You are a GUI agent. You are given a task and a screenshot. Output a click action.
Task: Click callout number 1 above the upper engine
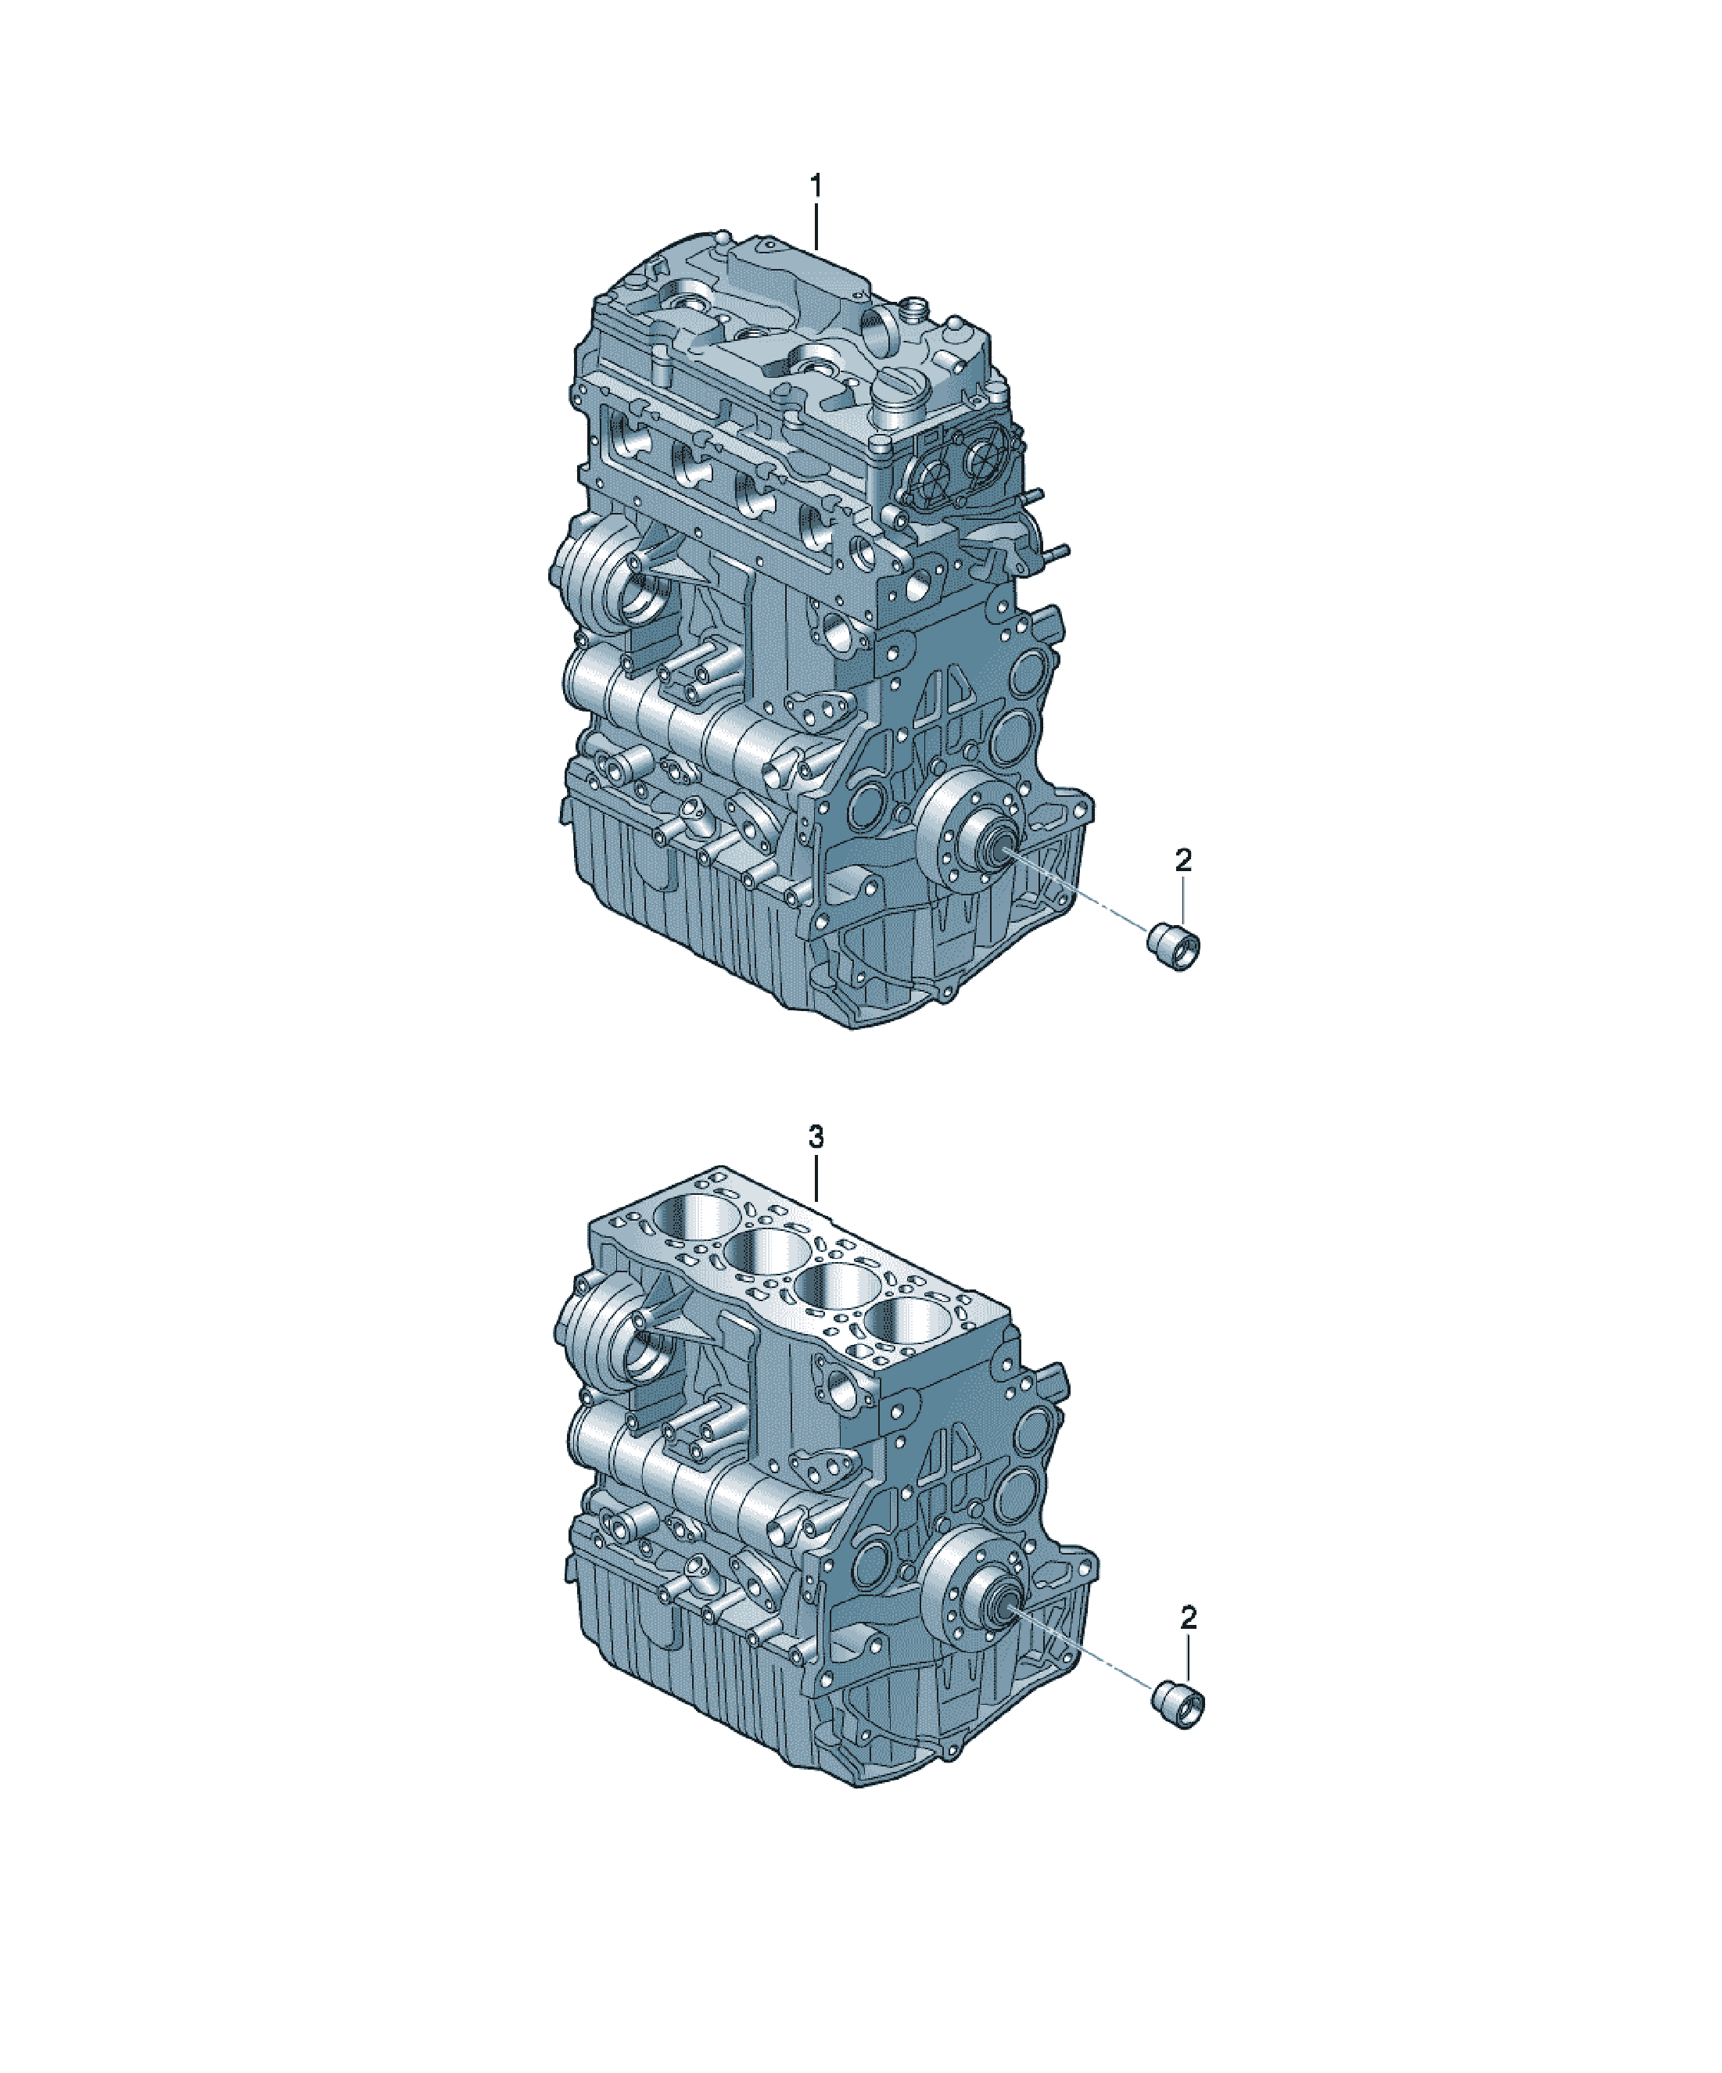[816, 185]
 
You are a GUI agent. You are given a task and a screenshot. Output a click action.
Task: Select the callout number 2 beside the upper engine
[1184, 860]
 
